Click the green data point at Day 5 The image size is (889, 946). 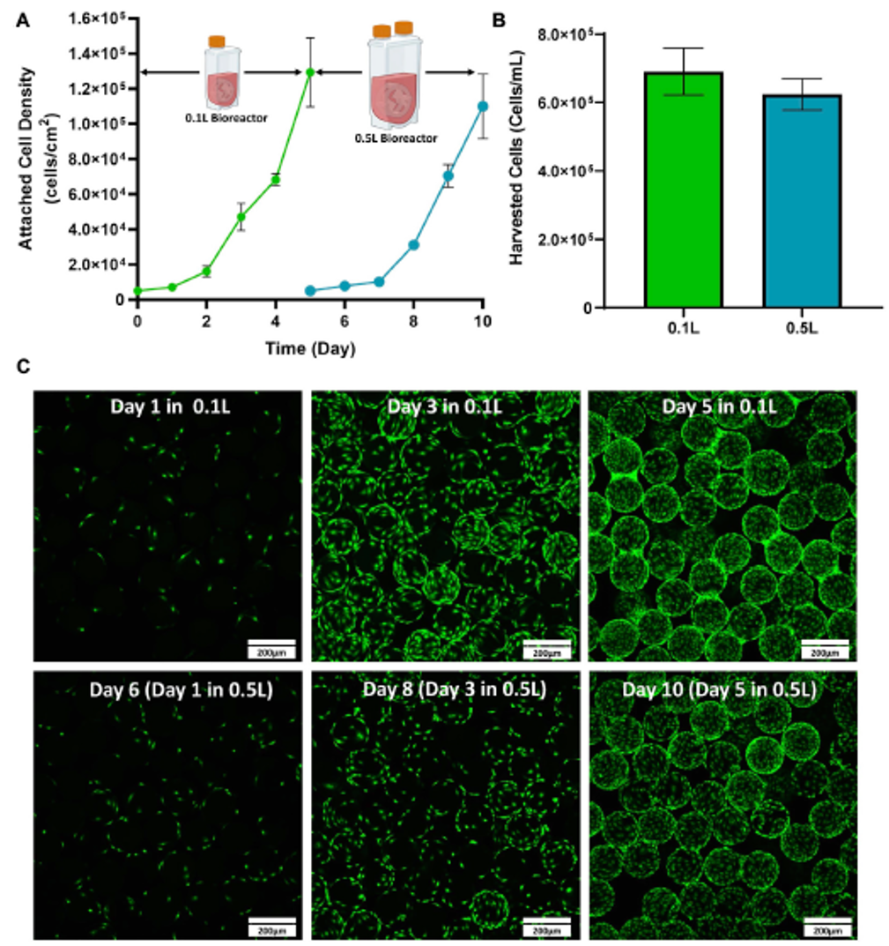coord(309,72)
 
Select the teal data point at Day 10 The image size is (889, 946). coord(482,106)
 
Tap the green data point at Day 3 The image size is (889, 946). coord(241,216)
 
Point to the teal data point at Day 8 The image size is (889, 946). coord(413,244)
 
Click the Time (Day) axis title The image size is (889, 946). coord(310,349)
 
